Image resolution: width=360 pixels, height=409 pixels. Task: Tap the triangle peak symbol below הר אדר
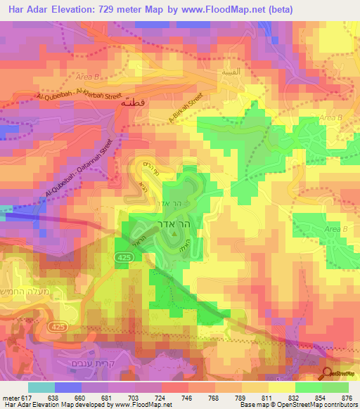[172, 243]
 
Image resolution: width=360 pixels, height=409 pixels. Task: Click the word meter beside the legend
[11, 397]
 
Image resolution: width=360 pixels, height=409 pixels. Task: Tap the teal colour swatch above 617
[41, 387]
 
